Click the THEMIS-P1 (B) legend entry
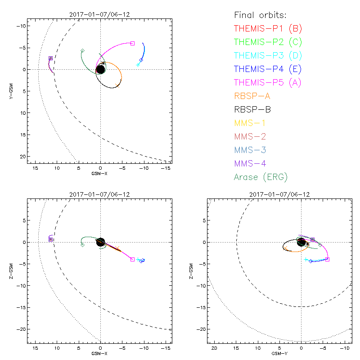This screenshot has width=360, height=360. [268, 29]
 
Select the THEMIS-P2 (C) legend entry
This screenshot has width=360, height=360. [268, 42]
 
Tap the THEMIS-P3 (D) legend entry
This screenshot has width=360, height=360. [268, 56]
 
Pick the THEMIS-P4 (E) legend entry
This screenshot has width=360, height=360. [268, 69]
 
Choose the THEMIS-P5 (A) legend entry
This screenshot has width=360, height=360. [268, 83]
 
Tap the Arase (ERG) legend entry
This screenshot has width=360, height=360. [261, 177]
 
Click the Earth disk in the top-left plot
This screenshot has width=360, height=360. [100, 69]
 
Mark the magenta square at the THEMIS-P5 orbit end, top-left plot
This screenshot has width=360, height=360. [132, 43]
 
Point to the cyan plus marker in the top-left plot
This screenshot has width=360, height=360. [138, 65]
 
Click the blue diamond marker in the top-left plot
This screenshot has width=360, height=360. [141, 60]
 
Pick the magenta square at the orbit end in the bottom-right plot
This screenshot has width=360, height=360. [327, 259]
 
